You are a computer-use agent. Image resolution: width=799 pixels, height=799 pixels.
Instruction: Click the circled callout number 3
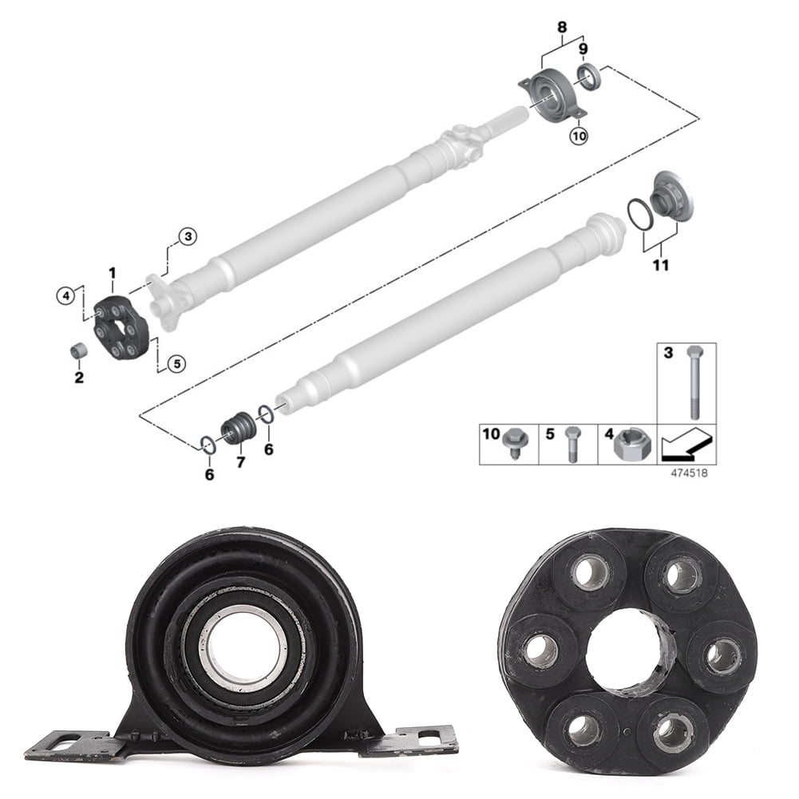coord(187,236)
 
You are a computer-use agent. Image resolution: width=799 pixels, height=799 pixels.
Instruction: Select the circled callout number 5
coord(177,363)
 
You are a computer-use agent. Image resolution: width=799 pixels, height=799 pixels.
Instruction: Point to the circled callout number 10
coord(578,136)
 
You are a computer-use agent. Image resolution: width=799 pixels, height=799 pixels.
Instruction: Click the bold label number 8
coord(562,27)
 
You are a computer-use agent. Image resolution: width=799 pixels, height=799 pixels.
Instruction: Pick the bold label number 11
coord(660,266)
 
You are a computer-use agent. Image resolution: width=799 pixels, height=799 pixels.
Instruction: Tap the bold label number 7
coord(240,462)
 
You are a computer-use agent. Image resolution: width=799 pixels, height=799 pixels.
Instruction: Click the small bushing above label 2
coord(78,350)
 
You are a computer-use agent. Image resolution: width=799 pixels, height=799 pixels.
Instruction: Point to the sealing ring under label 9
coord(589,76)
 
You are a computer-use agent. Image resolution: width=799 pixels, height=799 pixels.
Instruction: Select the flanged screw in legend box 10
coord(514,449)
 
